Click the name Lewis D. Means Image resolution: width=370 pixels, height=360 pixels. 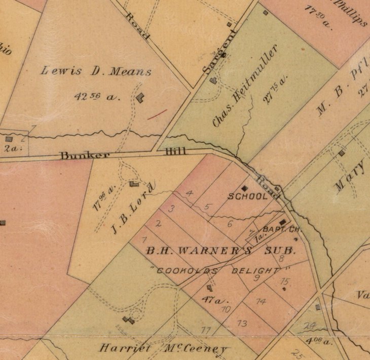coord(96,71)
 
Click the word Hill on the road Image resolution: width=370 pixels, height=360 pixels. coord(175,151)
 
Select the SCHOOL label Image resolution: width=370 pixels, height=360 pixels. coord(247,196)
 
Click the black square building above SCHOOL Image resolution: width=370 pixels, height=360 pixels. coord(248,187)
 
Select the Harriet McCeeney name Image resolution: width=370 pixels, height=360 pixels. coord(163,349)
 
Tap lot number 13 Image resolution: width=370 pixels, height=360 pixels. coord(242,324)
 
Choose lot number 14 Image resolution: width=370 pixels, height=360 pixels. coord(261,301)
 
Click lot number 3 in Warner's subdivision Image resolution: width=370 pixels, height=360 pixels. coord(171,209)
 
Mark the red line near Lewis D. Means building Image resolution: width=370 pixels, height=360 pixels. coord(157,114)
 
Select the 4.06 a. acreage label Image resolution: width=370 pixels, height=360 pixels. coord(319,341)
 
